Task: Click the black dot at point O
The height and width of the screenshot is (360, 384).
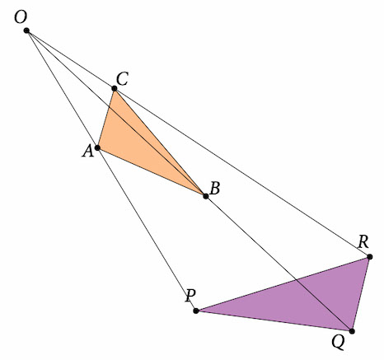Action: pyautogui.click(x=26, y=30)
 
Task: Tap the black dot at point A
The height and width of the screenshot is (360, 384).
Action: pyautogui.click(x=97, y=147)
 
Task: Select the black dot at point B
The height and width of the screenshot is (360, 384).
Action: pyautogui.click(x=206, y=196)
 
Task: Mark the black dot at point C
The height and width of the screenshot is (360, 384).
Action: pyautogui.click(x=115, y=88)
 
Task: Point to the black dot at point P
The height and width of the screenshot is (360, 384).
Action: pyautogui.click(x=196, y=311)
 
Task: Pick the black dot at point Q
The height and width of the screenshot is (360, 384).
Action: pyautogui.click(x=352, y=331)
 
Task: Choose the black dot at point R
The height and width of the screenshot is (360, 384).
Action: pyautogui.click(x=370, y=257)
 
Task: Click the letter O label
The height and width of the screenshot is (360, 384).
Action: pyautogui.click(x=21, y=17)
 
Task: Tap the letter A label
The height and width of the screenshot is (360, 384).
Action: pyautogui.click(x=88, y=151)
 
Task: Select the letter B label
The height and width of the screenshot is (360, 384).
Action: pyautogui.click(x=215, y=189)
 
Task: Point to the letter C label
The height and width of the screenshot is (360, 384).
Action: pyautogui.click(x=122, y=79)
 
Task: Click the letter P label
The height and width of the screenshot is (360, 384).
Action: pyautogui.click(x=190, y=296)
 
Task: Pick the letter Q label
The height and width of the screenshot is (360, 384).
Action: pyautogui.click(x=338, y=343)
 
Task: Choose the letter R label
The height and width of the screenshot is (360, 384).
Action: pyautogui.click(x=363, y=241)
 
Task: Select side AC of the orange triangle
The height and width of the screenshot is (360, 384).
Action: pyautogui.click(x=105, y=118)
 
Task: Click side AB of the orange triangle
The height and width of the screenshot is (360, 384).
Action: pyautogui.click(x=152, y=172)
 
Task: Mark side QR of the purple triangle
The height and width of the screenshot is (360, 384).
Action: pyautogui.click(x=361, y=294)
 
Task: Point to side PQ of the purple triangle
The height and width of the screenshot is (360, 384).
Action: pyautogui.click(x=274, y=321)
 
